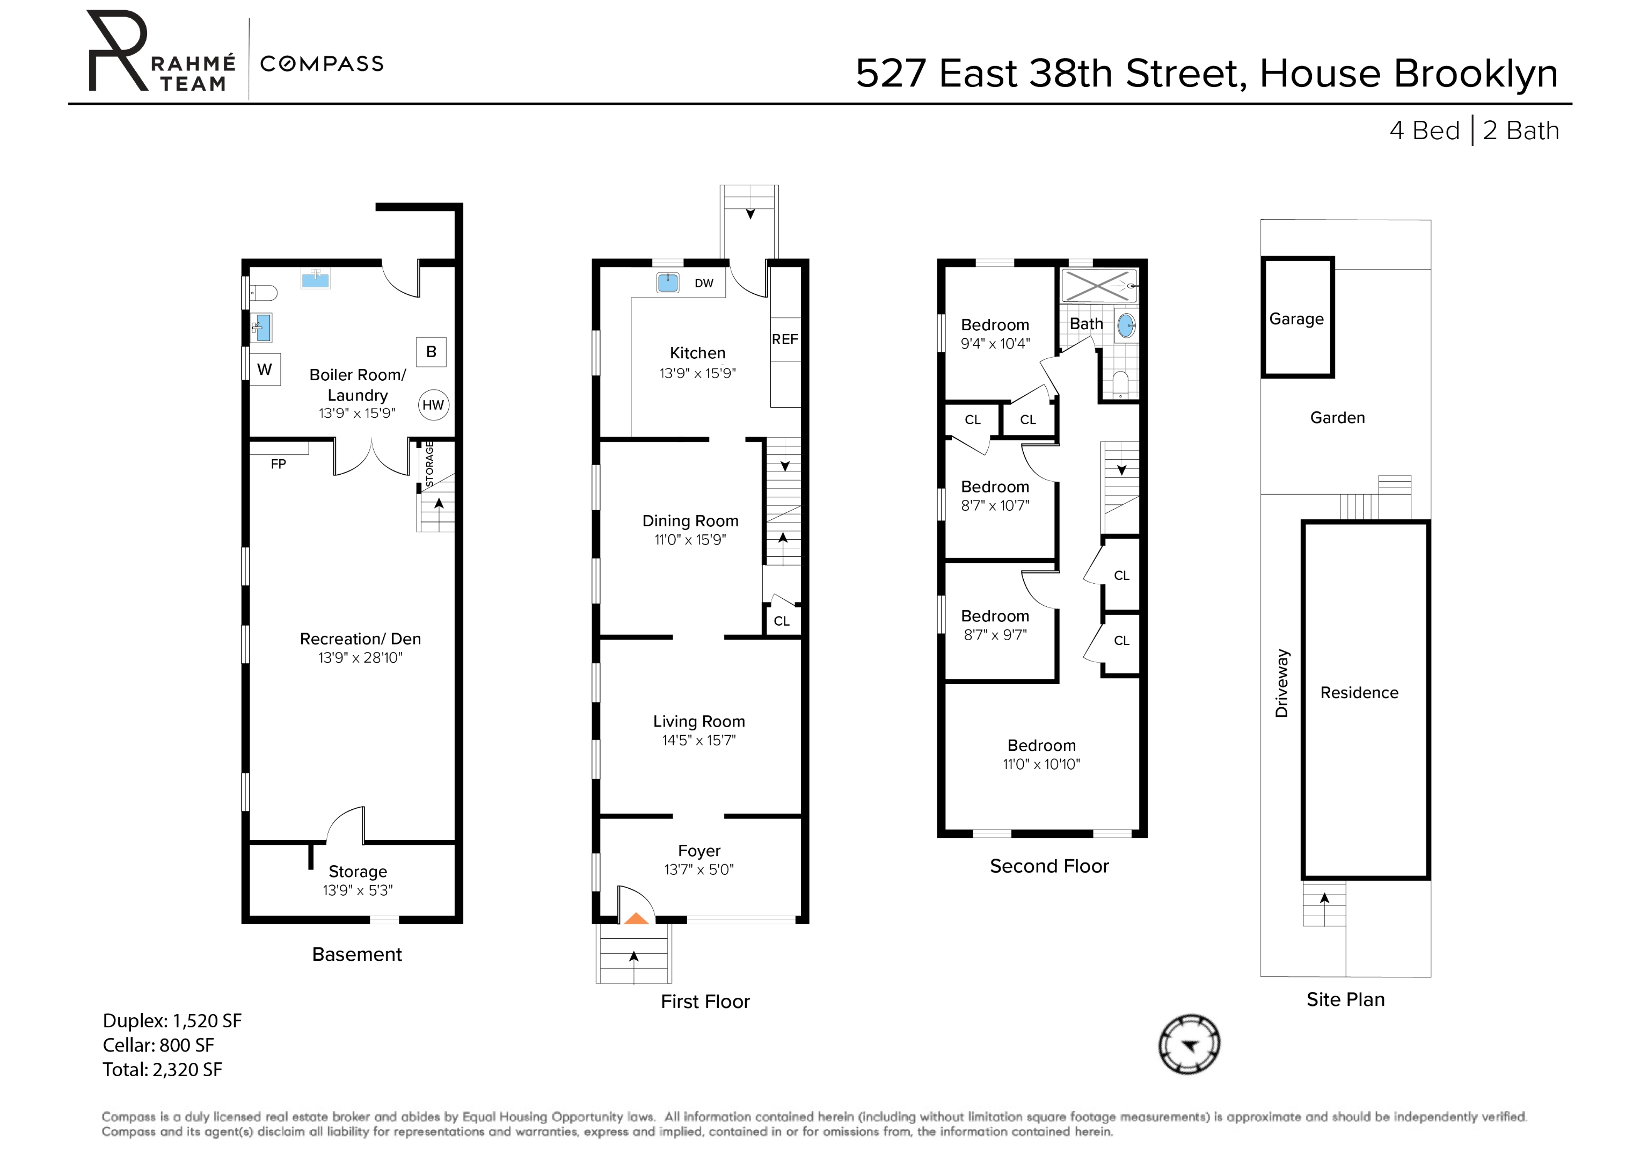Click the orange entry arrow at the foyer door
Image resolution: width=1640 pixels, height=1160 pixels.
coord(636,918)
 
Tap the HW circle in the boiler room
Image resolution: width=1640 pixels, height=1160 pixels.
coord(433,405)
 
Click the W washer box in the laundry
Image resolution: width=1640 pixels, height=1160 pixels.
coord(264,369)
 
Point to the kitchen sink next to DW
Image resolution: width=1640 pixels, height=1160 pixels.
coord(668,282)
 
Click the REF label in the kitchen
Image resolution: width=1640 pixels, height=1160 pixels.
coord(784,339)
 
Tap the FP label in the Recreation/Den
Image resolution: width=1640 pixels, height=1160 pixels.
coord(279,464)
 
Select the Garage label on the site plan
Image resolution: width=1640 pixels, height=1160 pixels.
coord(1296,319)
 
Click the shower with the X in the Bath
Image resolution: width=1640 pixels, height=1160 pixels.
coord(1097,286)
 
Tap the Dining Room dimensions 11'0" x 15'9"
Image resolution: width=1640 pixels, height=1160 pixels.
coord(690,540)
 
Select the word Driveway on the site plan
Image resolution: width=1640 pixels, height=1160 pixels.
coord(1282,683)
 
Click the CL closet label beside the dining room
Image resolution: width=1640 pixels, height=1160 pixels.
coord(782,621)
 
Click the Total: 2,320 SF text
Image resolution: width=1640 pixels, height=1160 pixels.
coord(162,1069)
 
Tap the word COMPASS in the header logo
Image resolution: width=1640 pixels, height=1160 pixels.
coord(322,63)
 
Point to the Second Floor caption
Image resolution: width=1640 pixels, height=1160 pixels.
coord(1048,866)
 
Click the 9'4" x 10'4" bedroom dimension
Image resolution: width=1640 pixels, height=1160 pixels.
coord(995,344)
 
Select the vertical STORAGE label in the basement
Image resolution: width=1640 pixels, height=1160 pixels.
coord(429,464)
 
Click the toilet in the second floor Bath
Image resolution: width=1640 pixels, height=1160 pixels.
coord(1120,384)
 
